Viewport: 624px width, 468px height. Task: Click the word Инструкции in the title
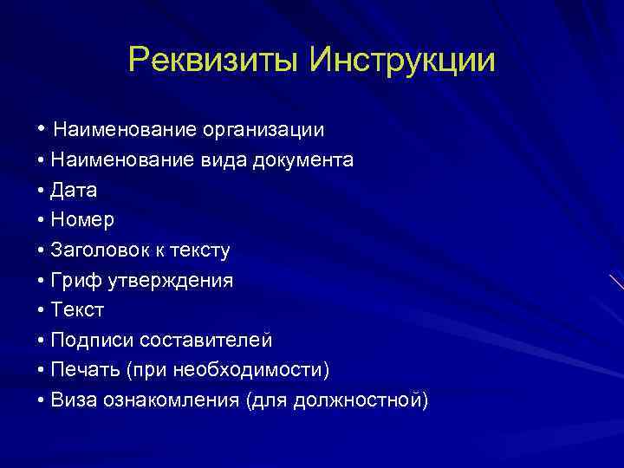[403, 61]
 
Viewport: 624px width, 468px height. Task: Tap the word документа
[302, 160]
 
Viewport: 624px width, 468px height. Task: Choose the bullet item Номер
[82, 220]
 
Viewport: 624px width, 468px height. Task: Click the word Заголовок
[100, 250]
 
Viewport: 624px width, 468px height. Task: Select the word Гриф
[75, 281]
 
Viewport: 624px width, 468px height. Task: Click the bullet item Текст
[77, 310]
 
